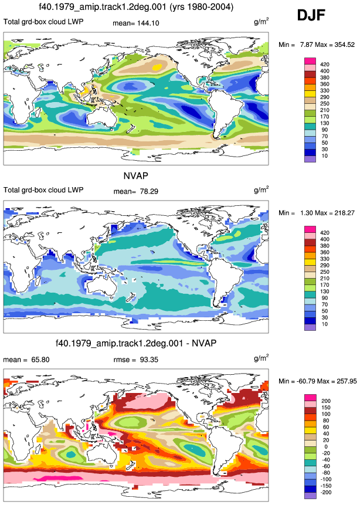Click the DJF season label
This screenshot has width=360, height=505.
tap(311, 15)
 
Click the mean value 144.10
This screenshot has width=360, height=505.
tap(148, 23)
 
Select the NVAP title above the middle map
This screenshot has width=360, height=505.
tap(135, 176)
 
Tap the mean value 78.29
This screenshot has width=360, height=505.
tap(149, 191)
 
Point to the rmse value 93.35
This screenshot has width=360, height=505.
tap(149, 360)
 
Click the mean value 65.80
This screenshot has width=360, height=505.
tap(40, 360)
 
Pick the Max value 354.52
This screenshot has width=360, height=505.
tap(344, 45)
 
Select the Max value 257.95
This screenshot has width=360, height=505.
tap(346, 381)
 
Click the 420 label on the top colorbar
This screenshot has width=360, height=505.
tap(325, 65)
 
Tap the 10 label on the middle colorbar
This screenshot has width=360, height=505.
tap(324, 324)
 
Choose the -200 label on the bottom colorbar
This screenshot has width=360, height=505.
tap(326, 492)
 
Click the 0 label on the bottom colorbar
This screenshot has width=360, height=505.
tap(326, 446)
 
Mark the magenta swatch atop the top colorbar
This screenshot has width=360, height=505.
tap(310, 61)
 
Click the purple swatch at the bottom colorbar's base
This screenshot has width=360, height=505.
tap(310, 496)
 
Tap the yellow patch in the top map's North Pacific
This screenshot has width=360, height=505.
tap(158, 67)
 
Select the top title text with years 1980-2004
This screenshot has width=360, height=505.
tap(136, 7)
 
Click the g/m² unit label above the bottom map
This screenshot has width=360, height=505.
tap(261, 358)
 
